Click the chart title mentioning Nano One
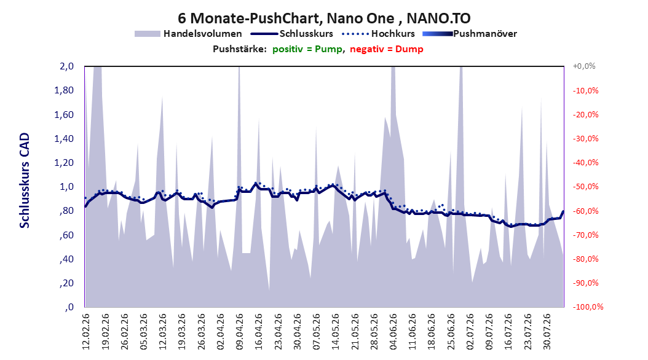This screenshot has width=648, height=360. (324, 18)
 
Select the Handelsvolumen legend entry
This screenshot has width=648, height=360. (189, 34)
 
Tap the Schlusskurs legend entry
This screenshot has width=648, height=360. (292, 34)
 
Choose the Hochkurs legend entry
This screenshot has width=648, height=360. (379, 34)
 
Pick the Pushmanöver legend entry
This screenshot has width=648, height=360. (470, 34)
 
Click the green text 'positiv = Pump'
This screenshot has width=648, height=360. (307, 49)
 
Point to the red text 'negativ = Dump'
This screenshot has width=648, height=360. (387, 49)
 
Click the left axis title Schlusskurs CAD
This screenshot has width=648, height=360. (25, 181)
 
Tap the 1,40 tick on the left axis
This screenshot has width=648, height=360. (64, 139)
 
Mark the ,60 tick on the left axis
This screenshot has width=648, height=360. (66, 235)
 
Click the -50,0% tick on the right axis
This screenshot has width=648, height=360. (585, 187)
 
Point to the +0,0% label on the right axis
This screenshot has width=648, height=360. (584, 66)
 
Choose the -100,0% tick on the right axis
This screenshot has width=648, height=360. (588, 307)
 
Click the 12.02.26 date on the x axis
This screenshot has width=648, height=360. (86, 332)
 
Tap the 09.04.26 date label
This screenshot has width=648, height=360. (240, 332)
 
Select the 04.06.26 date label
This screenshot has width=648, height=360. (393, 332)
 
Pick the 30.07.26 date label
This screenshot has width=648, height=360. (547, 332)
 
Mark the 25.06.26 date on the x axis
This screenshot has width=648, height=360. (451, 332)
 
